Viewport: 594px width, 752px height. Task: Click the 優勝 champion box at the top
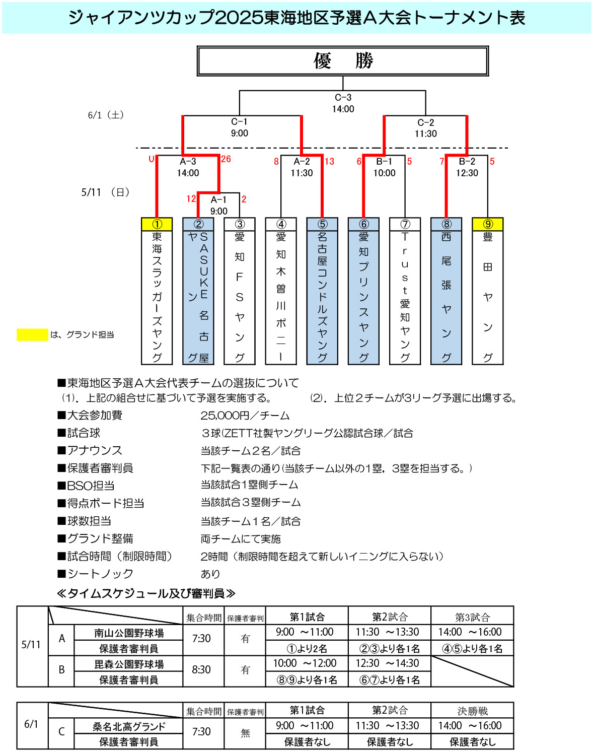pos(343,61)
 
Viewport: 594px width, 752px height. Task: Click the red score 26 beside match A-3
pos(226,159)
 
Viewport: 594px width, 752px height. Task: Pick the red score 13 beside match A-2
pos(329,161)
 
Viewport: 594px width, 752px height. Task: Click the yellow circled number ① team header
pos(157,224)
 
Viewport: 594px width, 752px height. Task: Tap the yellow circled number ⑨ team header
pos(488,224)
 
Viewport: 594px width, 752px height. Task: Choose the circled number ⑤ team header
pos(322,224)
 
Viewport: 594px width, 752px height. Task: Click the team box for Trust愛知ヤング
pos(405,297)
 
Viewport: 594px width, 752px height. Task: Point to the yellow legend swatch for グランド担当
pos(32,334)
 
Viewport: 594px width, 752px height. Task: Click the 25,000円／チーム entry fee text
pos(245,416)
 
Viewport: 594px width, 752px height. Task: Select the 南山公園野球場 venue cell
pos(129,633)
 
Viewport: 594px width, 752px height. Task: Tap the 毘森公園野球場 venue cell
pos(129,664)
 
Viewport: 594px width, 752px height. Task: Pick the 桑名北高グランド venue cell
pos(129,726)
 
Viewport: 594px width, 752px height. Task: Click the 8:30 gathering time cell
pos(201,670)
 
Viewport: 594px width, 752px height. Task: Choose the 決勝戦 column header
pos(472,711)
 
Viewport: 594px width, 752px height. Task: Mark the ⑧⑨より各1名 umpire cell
pos(307,680)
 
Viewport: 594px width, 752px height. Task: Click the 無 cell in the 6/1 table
pos(245,733)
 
